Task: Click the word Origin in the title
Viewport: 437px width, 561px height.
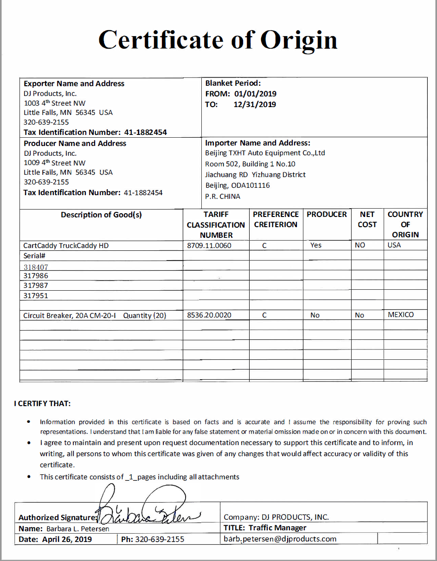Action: pos(299,39)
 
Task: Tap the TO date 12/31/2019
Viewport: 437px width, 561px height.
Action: pos(255,104)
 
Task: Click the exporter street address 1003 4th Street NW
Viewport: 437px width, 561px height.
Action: pos(55,103)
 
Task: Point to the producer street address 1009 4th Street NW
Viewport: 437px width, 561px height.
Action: pos(55,163)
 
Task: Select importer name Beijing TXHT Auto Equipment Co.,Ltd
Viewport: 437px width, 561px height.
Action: pos(265,153)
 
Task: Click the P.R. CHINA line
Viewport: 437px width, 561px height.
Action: pos(223,196)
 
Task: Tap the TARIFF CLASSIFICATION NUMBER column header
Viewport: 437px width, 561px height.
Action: pos(216,225)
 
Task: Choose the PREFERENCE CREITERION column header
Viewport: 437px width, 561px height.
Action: pos(276,219)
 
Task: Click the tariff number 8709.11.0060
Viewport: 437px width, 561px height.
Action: pos(209,245)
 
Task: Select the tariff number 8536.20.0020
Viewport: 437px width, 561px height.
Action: pos(209,315)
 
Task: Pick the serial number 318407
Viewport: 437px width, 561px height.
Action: pos(36,267)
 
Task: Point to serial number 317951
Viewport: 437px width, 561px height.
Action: pos(36,295)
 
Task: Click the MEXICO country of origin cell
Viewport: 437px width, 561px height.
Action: pos(400,315)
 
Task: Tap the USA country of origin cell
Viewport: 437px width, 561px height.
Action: pos(394,245)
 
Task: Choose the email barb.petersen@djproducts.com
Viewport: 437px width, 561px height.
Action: pos(280,539)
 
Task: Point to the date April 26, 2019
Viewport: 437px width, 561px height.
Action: pos(67,539)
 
